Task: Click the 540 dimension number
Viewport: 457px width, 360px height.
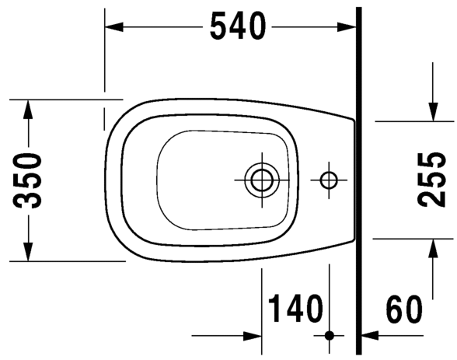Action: (x=236, y=27)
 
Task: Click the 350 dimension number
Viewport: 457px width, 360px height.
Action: (x=28, y=181)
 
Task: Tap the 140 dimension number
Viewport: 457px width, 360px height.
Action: (x=295, y=310)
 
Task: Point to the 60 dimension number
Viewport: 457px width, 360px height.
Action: (x=404, y=310)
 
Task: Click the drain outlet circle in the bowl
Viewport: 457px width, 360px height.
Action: (x=260, y=180)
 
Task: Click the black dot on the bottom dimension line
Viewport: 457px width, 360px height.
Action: (x=330, y=336)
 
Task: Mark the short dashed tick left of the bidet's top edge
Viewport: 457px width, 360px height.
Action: (x=104, y=119)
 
